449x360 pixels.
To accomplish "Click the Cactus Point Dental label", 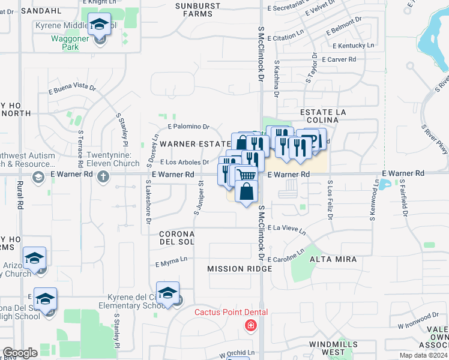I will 231,313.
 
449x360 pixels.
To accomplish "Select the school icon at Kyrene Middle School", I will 99,25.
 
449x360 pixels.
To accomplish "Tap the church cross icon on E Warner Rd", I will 103,176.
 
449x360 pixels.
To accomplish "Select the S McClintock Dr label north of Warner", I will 262,53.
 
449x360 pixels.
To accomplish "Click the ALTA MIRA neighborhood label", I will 333,259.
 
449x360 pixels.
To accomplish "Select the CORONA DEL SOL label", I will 176,237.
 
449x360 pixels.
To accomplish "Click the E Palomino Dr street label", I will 188,127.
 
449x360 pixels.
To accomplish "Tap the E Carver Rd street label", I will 339,59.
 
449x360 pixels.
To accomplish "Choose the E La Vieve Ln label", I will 286,229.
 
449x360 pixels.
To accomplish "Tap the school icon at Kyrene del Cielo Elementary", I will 168,293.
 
